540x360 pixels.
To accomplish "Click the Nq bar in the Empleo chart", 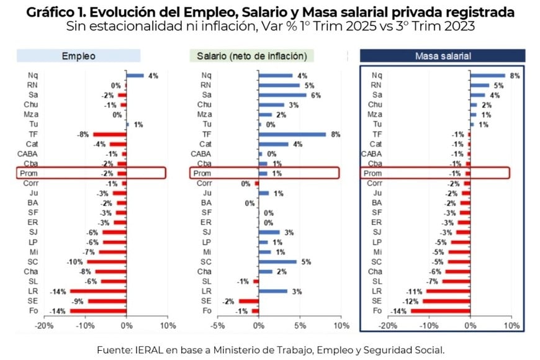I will pyautogui.click(x=135, y=76).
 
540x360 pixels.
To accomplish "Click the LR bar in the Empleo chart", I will pyautogui.click(x=98, y=290).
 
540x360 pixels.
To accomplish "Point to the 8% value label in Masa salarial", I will pyautogui.click(x=514, y=76).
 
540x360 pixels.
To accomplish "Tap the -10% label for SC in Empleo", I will pyautogui.click(x=75, y=261).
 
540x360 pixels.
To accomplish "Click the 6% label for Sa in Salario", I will pyautogui.click(x=317, y=95).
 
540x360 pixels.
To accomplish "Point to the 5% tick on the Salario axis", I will pyautogui.click(x=300, y=325).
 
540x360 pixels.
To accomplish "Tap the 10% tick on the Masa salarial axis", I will pyautogui.click(x=511, y=325).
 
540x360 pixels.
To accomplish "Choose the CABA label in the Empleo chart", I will pyautogui.click(x=27, y=153).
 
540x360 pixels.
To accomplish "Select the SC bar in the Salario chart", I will pyautogui.click(x=277, y=261).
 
